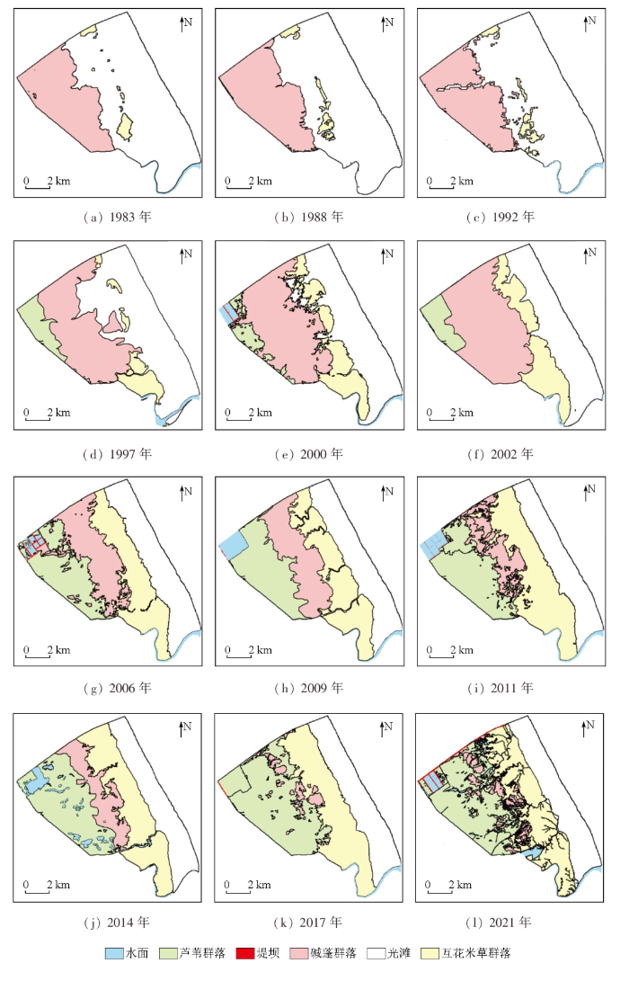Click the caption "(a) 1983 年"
point(113,217)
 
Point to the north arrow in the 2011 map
point(587,493)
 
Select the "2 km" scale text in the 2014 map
point(58,886)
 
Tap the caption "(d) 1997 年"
point(113,452)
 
